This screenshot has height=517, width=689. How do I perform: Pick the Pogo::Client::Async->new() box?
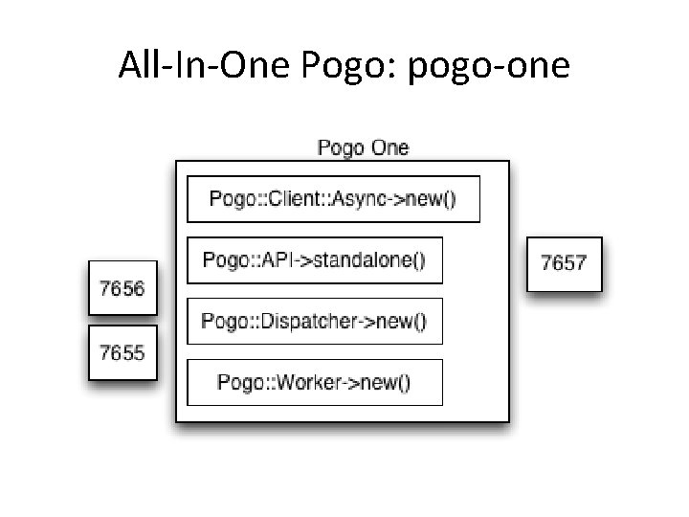pos(333,199)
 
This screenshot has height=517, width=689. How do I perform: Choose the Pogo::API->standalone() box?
pos(314,259)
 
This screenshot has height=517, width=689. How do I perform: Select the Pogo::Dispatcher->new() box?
pos(314,321)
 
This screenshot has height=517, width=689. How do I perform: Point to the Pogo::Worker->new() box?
pos(314,382)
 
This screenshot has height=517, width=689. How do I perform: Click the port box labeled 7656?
pos(122,287)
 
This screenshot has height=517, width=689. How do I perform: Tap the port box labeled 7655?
pos(122,352)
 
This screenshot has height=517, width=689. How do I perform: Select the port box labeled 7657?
pos(565,262)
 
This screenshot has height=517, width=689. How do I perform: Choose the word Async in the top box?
pos(369,200)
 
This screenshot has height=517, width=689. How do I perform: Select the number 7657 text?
pos(565,262)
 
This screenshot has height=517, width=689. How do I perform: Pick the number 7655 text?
pos(122,352)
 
